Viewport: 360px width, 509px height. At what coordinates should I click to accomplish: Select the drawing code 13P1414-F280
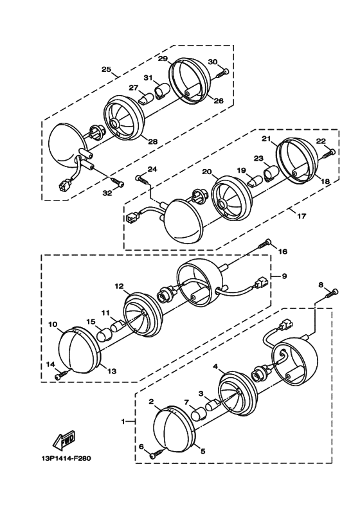point(66,459)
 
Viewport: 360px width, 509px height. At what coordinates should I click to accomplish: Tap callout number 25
point(107,69)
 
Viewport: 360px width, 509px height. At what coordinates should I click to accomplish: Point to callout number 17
point(301,215)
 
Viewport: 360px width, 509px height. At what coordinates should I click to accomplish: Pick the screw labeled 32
point(118,182)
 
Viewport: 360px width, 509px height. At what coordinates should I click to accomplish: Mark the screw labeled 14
point(62,374)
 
